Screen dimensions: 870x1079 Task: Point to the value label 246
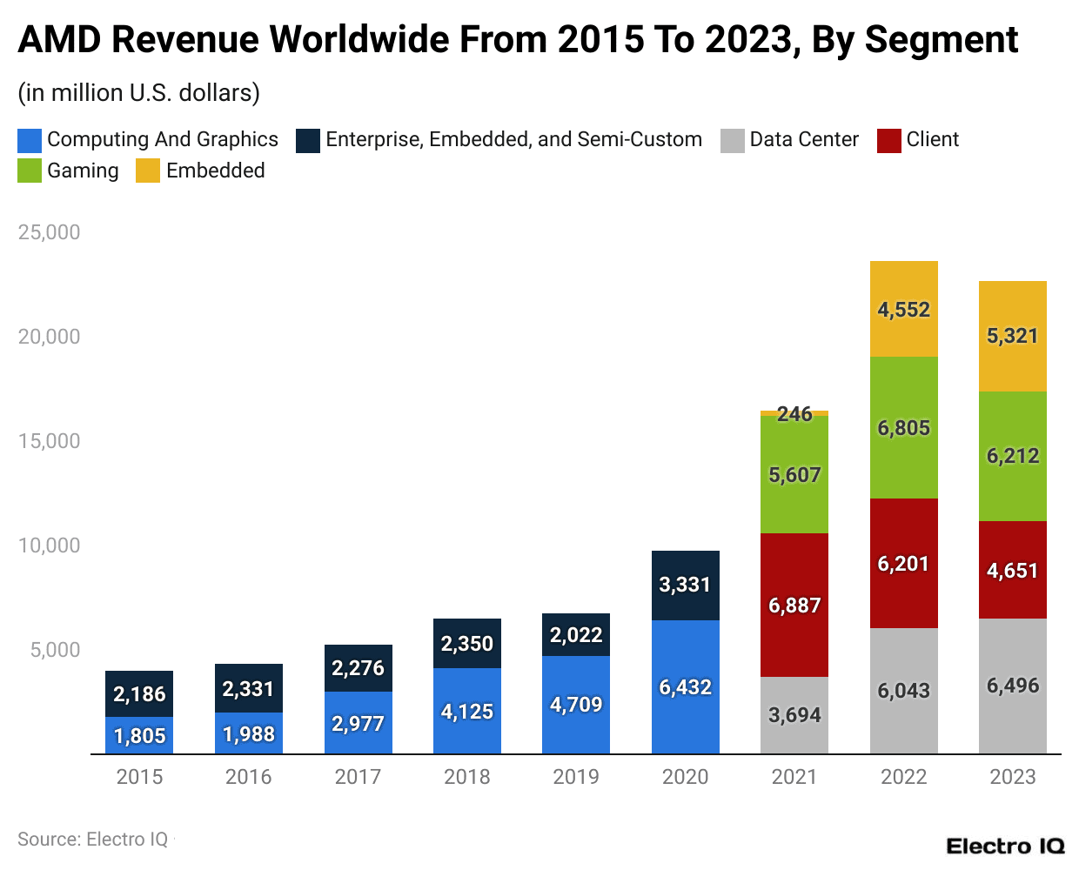click(794, 414)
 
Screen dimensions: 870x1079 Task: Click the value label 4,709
click(576, 705)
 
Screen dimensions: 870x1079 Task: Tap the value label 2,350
click(466, 644)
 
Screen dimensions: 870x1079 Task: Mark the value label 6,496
click(1012, 686)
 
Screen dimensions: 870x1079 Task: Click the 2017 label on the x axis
click(358, 777)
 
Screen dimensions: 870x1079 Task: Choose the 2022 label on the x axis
click(903, 777)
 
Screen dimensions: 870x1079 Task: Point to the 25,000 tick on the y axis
click(49, 232)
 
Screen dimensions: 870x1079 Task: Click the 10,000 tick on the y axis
click(49, 545)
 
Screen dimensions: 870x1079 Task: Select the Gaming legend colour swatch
click(30, 171)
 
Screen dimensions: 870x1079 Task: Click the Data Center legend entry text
click(803, 139)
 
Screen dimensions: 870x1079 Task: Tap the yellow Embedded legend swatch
click(148, 171)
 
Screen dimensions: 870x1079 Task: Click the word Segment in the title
click(941, 40)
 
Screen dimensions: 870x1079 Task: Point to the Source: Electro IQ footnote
click(92, 840)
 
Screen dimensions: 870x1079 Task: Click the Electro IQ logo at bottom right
click(1005, 846)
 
